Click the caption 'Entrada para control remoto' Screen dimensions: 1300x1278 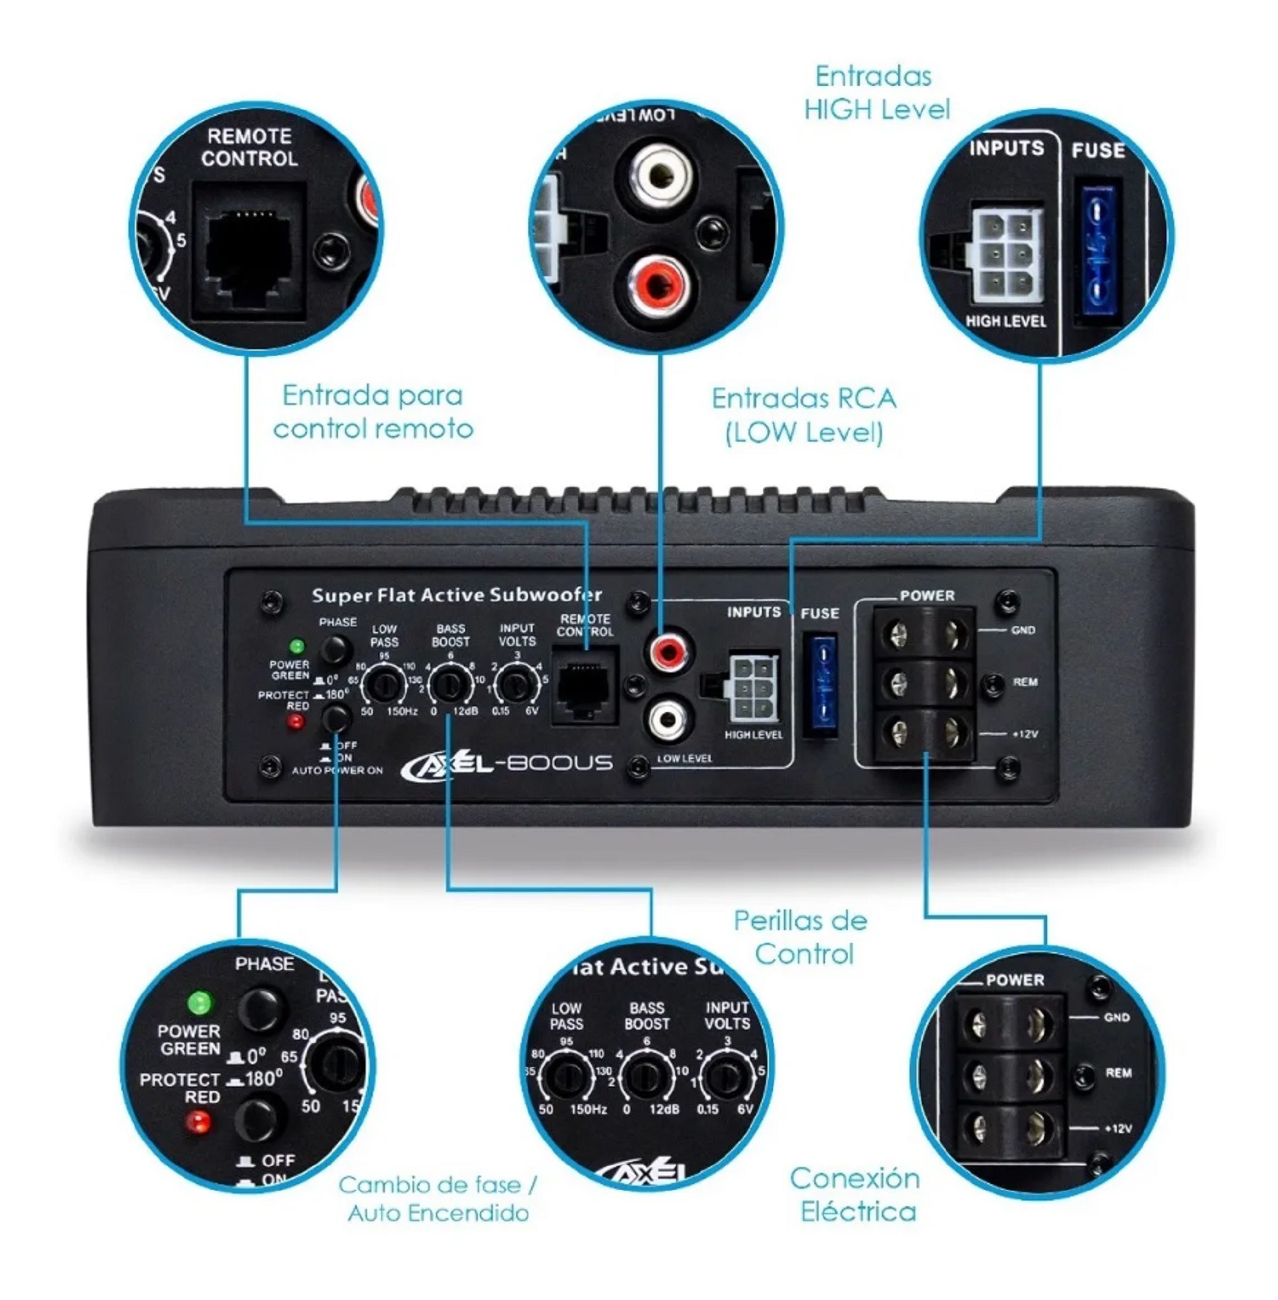[373, 413]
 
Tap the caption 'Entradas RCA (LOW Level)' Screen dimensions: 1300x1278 [804, 415]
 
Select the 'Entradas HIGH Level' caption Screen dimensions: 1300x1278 [875, 93]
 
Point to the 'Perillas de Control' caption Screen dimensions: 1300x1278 [802, 937]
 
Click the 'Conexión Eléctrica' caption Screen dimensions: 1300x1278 [856, 1194]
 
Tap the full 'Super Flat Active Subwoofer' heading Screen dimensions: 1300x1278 [457, 595]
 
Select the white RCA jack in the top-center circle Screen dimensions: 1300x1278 [662, 173]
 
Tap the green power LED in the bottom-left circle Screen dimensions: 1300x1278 [200, 1003]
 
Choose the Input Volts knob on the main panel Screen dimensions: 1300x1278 [516, 684]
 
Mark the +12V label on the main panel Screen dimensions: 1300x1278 [1025, 734]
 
